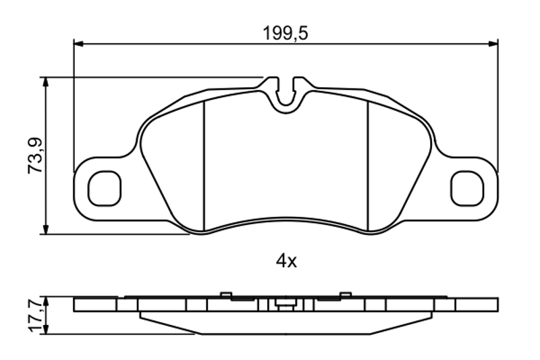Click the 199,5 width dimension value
(285, 33)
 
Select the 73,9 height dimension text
(35, 155)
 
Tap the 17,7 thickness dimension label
(36, 316)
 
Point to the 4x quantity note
(286, 261)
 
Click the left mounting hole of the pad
(105, 188)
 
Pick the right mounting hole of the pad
(467, 188)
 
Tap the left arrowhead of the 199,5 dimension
(78, 44)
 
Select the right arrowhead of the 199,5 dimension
(493, 44)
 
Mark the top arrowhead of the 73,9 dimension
(45, 82)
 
